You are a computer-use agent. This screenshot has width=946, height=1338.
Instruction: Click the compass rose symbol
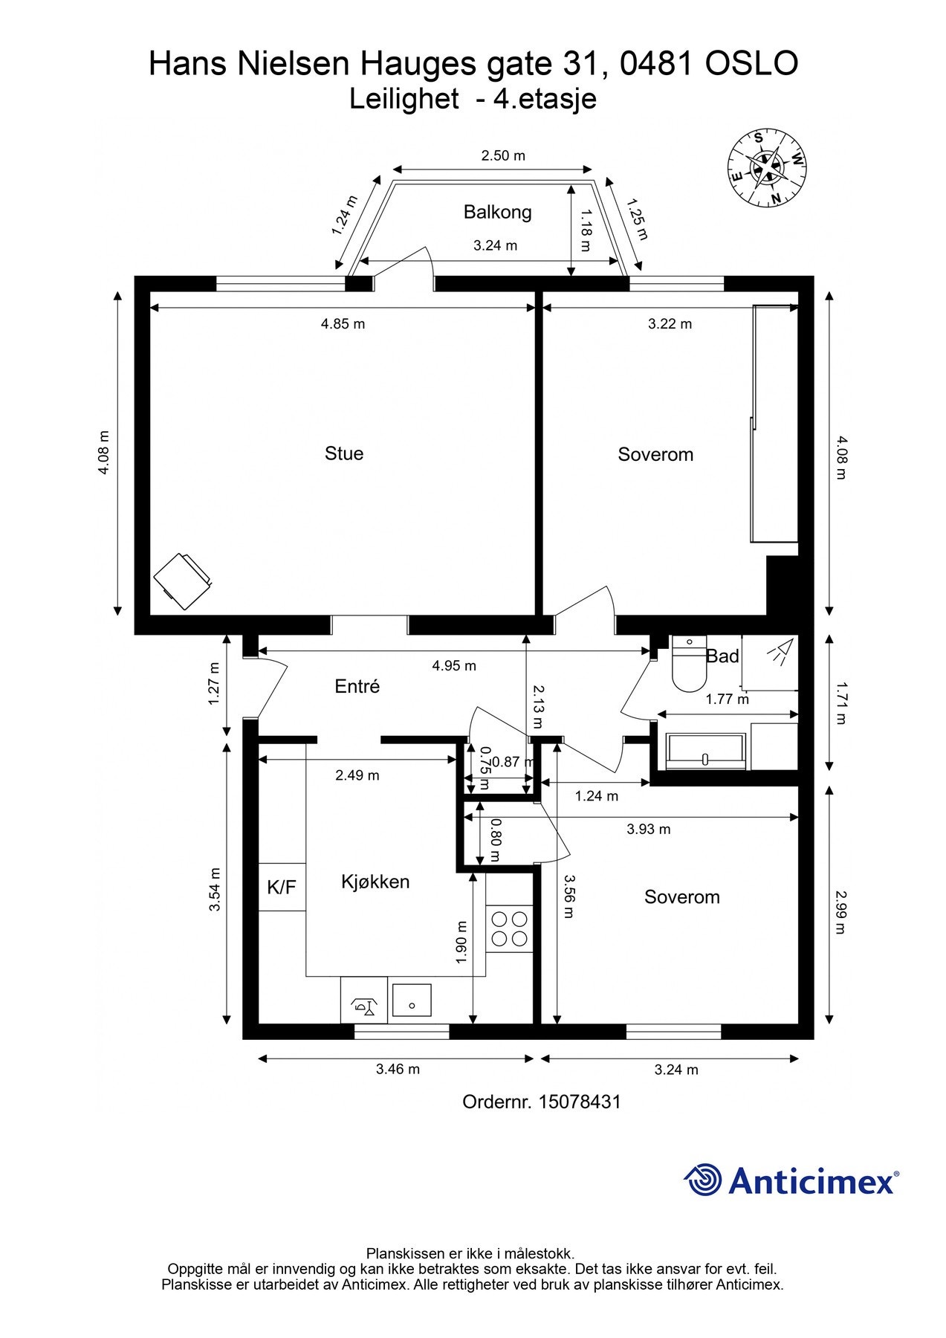768,169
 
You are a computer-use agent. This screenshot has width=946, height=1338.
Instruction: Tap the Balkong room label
497,212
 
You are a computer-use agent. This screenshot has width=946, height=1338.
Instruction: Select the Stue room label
343,453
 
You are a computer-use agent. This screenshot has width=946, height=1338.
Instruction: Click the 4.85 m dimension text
343,324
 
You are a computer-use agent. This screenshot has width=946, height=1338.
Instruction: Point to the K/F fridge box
282,887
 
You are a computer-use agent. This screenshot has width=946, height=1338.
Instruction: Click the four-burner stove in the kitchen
510,929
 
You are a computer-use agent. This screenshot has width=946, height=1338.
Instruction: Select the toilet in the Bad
688,663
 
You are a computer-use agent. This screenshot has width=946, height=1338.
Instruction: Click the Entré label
357,686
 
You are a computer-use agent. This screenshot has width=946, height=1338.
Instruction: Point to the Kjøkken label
375,882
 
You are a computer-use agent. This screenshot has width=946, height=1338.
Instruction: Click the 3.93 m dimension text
648,829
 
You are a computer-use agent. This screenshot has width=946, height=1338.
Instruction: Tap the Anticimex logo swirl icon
703,1180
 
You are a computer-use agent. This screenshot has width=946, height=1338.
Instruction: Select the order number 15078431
579,1102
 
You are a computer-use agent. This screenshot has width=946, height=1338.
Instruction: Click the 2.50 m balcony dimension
502,155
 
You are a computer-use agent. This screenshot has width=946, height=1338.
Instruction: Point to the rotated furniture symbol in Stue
182,581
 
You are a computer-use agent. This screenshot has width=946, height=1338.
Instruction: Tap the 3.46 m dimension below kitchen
398,1069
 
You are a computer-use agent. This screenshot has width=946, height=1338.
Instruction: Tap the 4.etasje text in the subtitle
545,99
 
